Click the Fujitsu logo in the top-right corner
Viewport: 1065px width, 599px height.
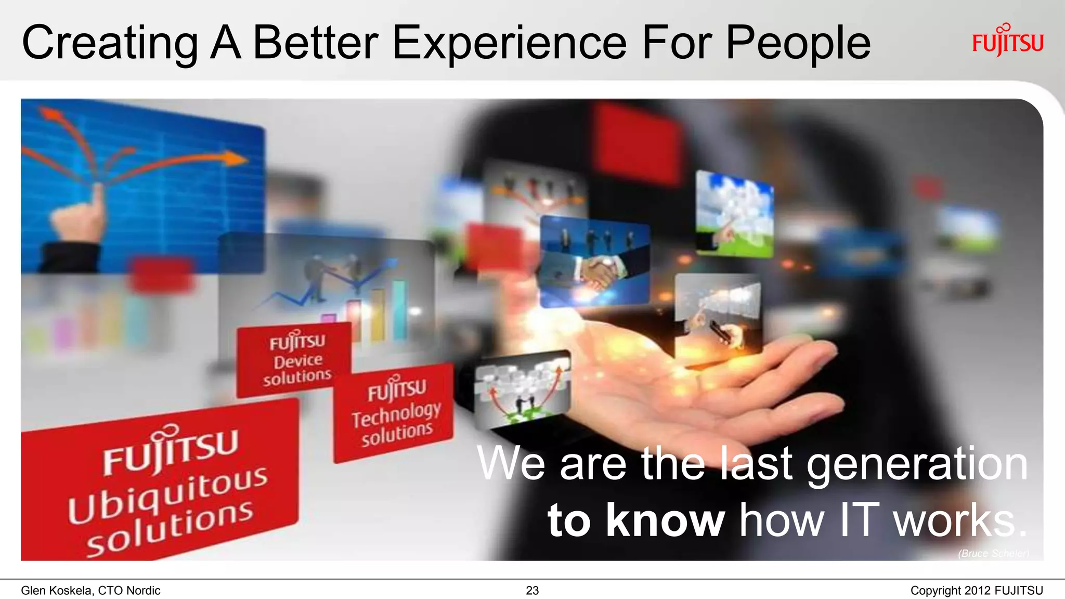tap(1007, 41)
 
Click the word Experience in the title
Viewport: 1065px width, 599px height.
tap(509, 44)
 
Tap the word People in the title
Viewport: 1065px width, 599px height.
tap(798, 44)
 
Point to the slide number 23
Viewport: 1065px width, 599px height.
tap(532, 590)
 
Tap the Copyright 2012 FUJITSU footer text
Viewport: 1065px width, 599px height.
tap(976, 591)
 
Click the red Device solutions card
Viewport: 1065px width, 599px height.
tap(295, 359)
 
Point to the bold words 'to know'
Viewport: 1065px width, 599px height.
tap(635, 520)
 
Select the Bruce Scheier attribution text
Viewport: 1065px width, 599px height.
tap(993, 553)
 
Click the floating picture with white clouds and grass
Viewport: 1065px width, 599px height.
tap(734, 214)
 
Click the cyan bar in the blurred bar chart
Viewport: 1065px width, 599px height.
tap(399, 309)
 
